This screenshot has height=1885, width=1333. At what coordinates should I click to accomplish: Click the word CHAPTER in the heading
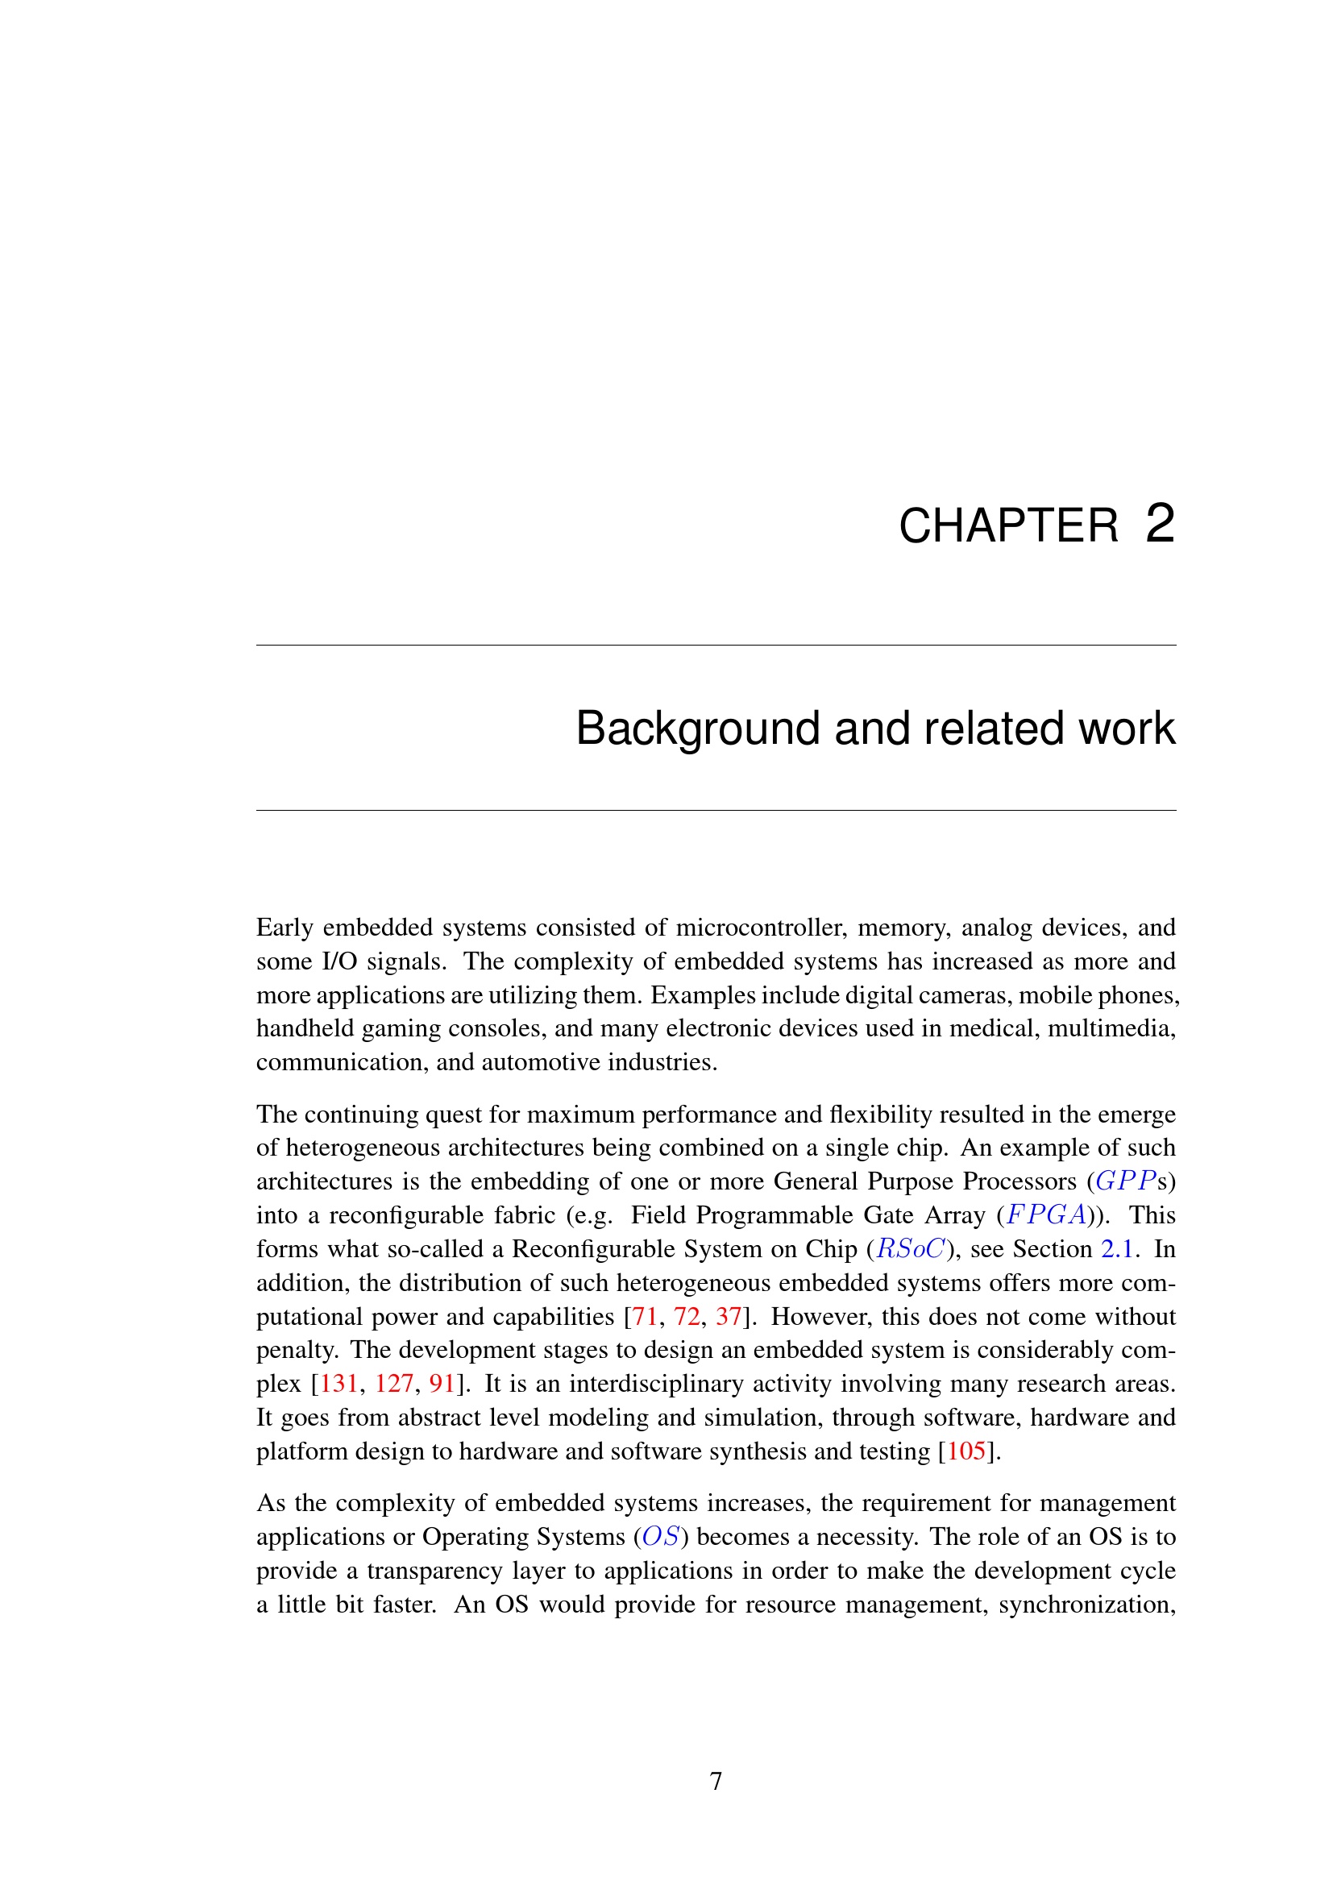point(1008,525)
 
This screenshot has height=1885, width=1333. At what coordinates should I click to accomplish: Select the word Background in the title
point(698,729)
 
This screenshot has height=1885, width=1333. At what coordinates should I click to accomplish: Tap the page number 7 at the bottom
point(716,1781)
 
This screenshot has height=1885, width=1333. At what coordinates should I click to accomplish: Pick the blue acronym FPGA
point(1046,1214)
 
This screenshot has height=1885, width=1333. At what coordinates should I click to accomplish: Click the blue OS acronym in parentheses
point(661,1536)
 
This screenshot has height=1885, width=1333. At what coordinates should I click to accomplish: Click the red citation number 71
point(646,1316)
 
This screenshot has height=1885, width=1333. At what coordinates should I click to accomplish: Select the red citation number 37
point(728,1316)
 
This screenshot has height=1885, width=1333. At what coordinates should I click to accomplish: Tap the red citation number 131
point(339,1384)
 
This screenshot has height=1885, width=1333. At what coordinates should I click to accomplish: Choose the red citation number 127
point(394,1384)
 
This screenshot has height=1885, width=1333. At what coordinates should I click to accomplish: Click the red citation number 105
point(966,1451)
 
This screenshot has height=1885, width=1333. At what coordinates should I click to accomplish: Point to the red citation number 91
point(442,1384)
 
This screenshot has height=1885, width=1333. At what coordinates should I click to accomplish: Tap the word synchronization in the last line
point(1086,1604)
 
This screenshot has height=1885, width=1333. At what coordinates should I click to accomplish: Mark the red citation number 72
point(687,1316)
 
